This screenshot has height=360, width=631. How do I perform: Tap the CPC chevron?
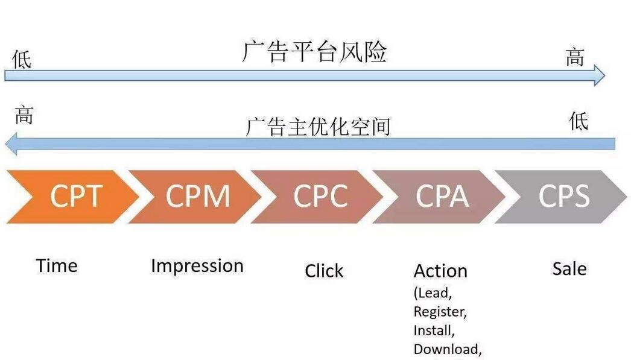pos(320,197)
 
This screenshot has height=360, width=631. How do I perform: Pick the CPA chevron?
pos(442,197)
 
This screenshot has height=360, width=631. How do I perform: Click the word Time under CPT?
pos(57,266)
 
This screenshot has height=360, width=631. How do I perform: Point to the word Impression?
pos(197,266)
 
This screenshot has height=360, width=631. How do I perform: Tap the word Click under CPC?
pos(324,271)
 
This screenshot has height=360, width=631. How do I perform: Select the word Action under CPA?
pos(440,271)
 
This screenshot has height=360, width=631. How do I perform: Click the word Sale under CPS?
pos(569,269)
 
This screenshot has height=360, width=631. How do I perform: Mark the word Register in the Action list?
pos(440,312)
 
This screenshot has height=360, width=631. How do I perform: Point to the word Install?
pos(434,330)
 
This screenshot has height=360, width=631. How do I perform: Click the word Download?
pos(447,349)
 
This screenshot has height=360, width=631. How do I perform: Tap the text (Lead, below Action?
pos(433,293)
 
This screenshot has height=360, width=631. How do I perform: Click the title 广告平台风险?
pos(314,52)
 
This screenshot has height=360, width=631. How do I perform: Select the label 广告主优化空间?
pos(319,127)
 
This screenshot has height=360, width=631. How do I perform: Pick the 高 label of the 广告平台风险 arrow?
pos(575,57)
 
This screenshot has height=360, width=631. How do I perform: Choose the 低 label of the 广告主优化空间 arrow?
pos(578,121)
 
